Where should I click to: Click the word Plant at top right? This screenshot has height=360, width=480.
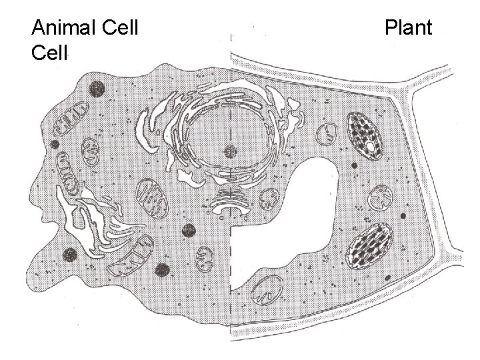point(409,29)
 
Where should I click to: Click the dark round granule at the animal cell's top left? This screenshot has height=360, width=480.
point(98,87)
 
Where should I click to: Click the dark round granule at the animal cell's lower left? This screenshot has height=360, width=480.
point(69,254)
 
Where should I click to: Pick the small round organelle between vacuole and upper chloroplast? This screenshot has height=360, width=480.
point(327,135)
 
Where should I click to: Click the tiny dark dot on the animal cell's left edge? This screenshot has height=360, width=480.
point(55,144)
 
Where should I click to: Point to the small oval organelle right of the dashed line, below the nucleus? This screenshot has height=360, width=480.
point(269,198)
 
